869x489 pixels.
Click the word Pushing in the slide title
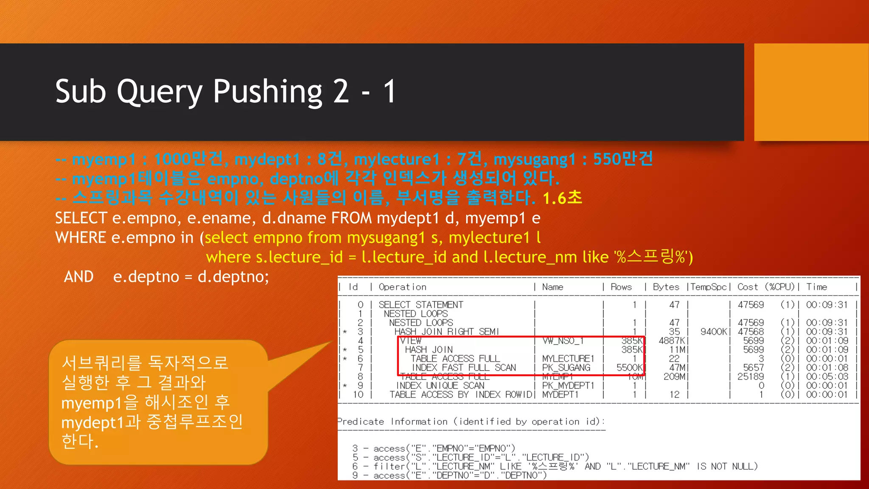[268, 92]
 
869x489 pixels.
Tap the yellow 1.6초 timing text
[562, 198]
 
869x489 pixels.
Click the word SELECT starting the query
[81, 218]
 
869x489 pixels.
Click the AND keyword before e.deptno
[78, 277]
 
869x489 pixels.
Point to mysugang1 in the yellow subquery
[386, 238]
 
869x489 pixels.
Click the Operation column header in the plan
[402, 287]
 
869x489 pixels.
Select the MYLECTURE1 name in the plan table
[568, 359]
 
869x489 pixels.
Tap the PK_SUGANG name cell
[566, 368]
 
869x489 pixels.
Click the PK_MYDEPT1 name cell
[568, 385]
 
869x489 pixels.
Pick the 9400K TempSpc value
[714, 332]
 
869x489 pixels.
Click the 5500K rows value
[629, 368]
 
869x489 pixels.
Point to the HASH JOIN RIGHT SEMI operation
[446, 332]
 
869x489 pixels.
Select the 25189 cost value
[750, 377]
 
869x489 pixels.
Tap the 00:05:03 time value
[827, 377]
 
